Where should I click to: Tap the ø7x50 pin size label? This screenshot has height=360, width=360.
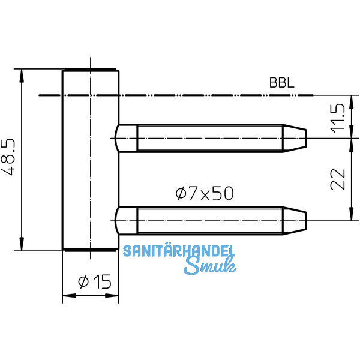(204, 193)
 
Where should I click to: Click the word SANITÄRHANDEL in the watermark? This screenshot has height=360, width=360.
(179, 251)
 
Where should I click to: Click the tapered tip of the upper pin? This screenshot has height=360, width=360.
(295, 138)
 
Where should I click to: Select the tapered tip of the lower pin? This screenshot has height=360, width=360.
(295, 220)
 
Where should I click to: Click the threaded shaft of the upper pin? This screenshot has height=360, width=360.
(210, 138)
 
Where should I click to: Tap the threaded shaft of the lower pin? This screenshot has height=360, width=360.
(210, 220)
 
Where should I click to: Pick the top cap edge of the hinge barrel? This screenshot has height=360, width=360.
(91, 70)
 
